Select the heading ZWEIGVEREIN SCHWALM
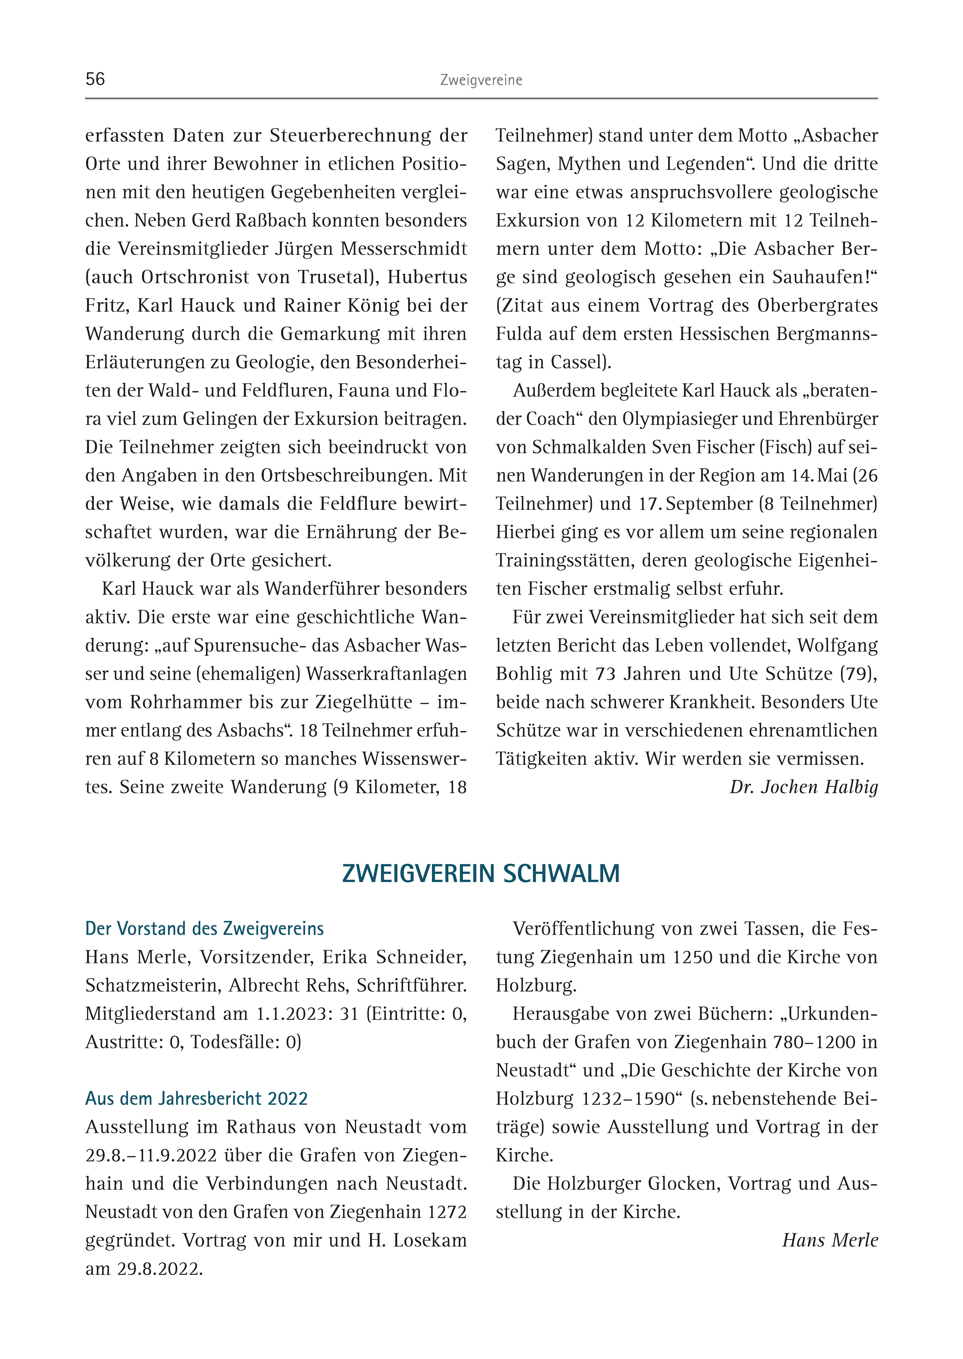pyautogui.click(x=481, y=873)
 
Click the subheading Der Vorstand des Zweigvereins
pyautogui.click(x=205, y=928)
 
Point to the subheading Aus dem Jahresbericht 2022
pyautogui.click(x=196, y=1099)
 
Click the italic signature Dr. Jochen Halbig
pyautogui.click(x=803, y=787)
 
